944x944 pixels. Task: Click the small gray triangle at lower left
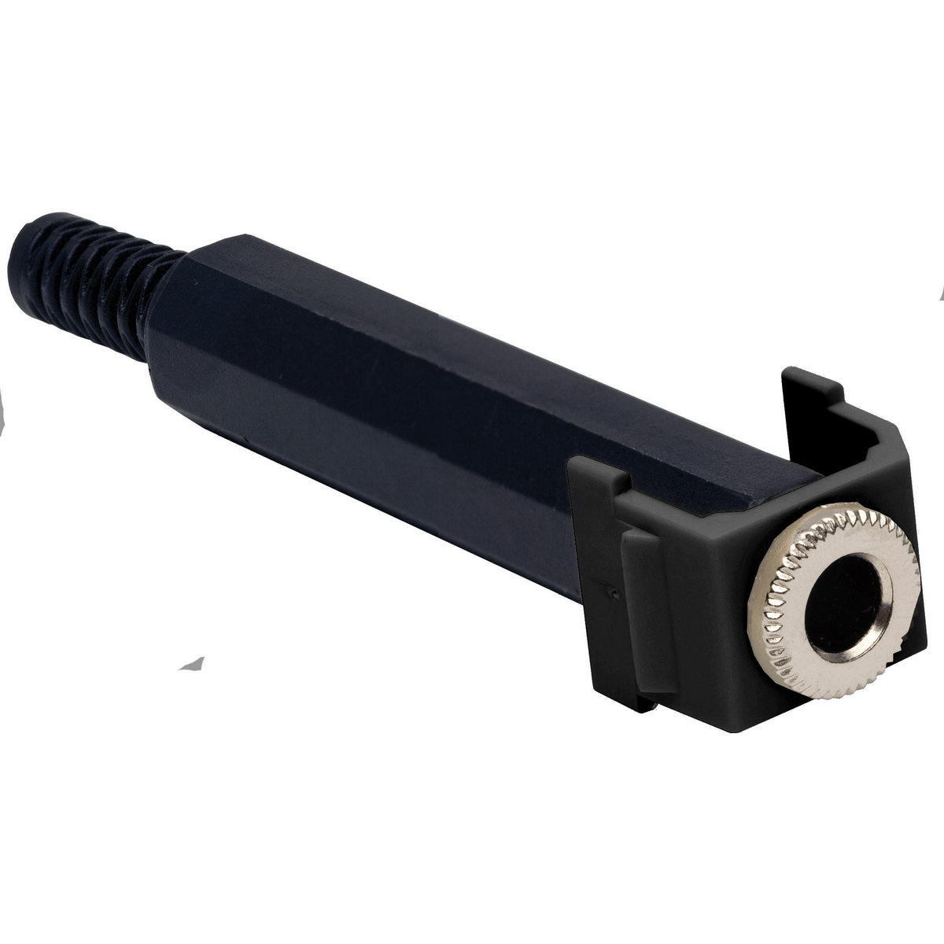coord(193,663)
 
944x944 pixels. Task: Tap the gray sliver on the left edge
coord(2,413)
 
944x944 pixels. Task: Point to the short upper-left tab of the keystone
coord(598,472)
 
